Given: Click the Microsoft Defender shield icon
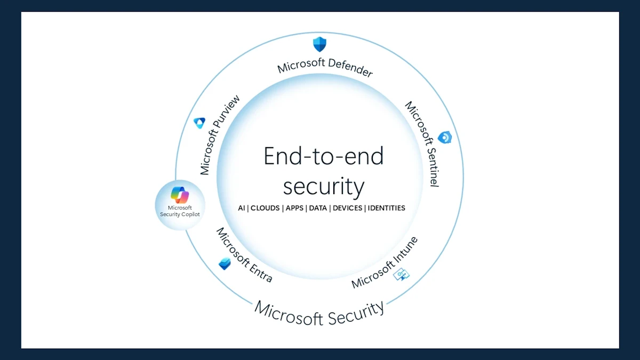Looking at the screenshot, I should [x=319, y=44].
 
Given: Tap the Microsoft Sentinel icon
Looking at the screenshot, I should [x=445, y=138].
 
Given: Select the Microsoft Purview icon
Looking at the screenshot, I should [x=199, y=123].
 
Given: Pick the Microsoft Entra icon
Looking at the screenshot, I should [x=225, y=263].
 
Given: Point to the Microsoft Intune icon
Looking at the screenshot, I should [x=401, y=275].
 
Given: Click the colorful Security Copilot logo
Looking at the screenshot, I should [x=180, y=195].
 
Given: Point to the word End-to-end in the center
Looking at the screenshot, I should [x=324, y=156].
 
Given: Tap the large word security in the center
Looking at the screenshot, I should [x=324, y=186].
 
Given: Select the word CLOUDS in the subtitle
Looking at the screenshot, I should [x=266, y=208].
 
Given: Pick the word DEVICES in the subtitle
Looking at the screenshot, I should [x=347, y=208].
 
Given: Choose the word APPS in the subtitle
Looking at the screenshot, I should [x=294, y=208].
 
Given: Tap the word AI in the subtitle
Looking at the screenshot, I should [x=242, y=208].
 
